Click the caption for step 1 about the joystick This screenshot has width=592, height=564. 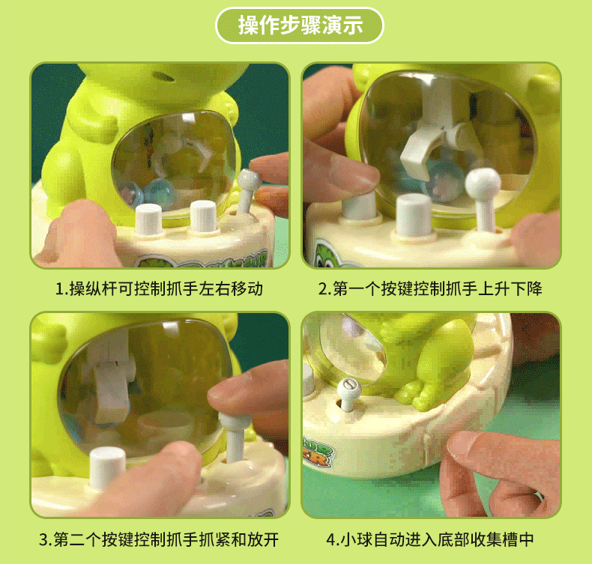tap(160, 288)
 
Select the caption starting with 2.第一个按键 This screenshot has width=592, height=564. tap(429, 288)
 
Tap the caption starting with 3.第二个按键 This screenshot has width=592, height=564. tap(160, 539)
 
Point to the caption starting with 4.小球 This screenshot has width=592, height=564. tap(430, 539)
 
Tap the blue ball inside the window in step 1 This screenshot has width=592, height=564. tap(158, 189)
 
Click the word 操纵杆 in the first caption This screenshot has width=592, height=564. tap(89, 288)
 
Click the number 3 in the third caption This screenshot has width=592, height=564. tap(44, 539)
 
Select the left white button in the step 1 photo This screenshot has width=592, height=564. tap(148, 218)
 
